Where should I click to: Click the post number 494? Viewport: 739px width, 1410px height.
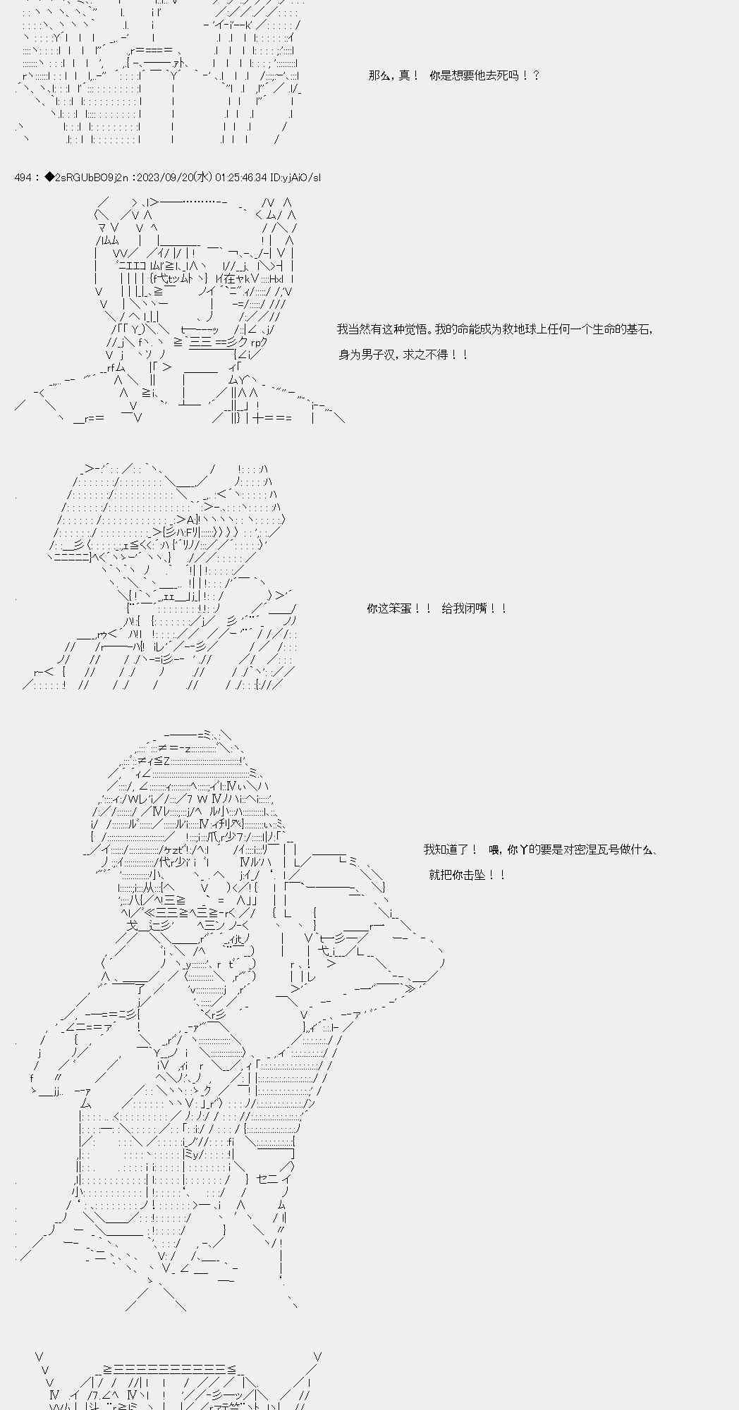[x=23, y=178]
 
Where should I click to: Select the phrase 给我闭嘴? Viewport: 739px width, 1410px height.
[x=465, y=608]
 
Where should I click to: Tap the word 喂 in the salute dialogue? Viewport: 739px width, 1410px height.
[x=494, y=850]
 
